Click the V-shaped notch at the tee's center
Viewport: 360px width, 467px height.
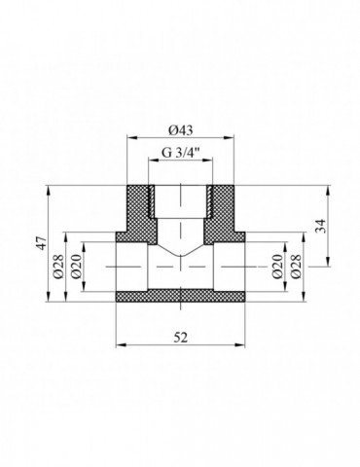pyautogui.click(x=180, y=261)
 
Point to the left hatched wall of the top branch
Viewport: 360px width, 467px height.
pyautogui.click(x=138, y=209)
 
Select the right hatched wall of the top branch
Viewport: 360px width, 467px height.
pyautogui.click(x=222, y=209)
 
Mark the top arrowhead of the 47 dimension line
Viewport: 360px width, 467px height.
pyautogui.click(x=48, y=188)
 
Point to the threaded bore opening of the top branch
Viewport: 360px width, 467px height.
pyautogui.click(x=180, y=199)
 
